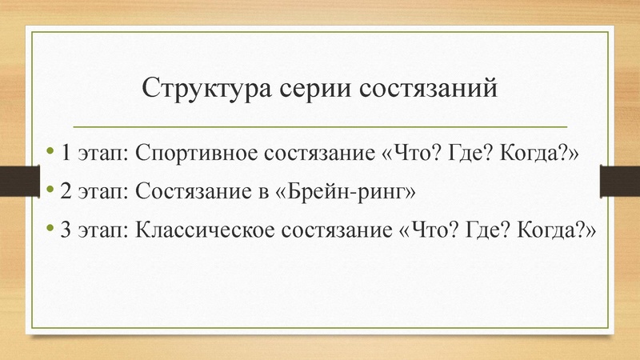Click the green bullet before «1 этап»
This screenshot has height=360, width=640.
click(x=51, y=151)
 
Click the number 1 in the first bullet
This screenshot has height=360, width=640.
click(x=65, y=152)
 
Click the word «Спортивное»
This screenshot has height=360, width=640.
click(x=186, y=152)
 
